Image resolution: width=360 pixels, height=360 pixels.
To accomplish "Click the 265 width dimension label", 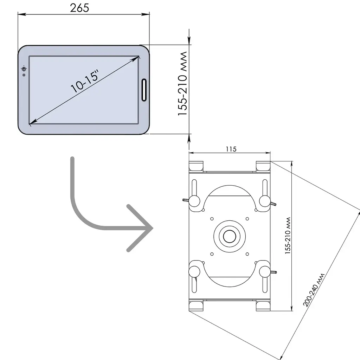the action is pyautogui.click(x=79, y=8).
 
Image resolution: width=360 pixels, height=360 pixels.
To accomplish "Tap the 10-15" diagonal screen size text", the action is pyautogui.click(x=85, y=81).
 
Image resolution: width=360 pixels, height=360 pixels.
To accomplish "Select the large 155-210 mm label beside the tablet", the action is pyautogui.click(x=183, y=84).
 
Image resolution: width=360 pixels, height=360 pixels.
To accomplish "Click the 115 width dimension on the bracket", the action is pyautogui.click(x=231, y=149).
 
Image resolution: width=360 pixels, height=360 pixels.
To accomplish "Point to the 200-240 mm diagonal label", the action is pyautogui.click(x=314, y=290).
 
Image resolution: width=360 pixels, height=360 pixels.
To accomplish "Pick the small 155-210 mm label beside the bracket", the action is pyautogui.click(x=288, y=236).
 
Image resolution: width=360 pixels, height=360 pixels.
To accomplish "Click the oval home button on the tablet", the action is pyautogui.click(x=144, y=90).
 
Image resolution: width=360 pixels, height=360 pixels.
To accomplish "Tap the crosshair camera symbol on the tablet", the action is pyautogui.click(x=24, y=69).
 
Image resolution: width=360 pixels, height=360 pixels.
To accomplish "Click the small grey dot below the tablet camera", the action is pyautogui.click(x=24, y=75).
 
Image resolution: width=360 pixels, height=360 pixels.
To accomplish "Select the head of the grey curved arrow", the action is pyautogui.click(x=140, y=228).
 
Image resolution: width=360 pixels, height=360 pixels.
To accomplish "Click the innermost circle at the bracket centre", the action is pyautogui.click(x=230, y=236).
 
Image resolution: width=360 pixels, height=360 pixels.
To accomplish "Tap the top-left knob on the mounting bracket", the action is pyautogui.click(x=194, y=201).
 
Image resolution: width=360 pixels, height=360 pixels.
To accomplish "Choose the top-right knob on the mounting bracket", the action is pyautogui.click(x=265, y=201).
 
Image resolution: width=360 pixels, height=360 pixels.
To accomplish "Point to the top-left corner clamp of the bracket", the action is pyautogui.click(x=196, y=166).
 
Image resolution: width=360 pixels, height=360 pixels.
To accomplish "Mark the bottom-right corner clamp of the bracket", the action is pyautogui.click(x=263, y=306).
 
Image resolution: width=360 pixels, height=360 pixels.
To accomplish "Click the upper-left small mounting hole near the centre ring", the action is pyautogui.click(x=212, y=219).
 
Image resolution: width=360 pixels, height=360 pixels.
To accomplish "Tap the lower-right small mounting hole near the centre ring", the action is pyautogui.click(x=247, y=254).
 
